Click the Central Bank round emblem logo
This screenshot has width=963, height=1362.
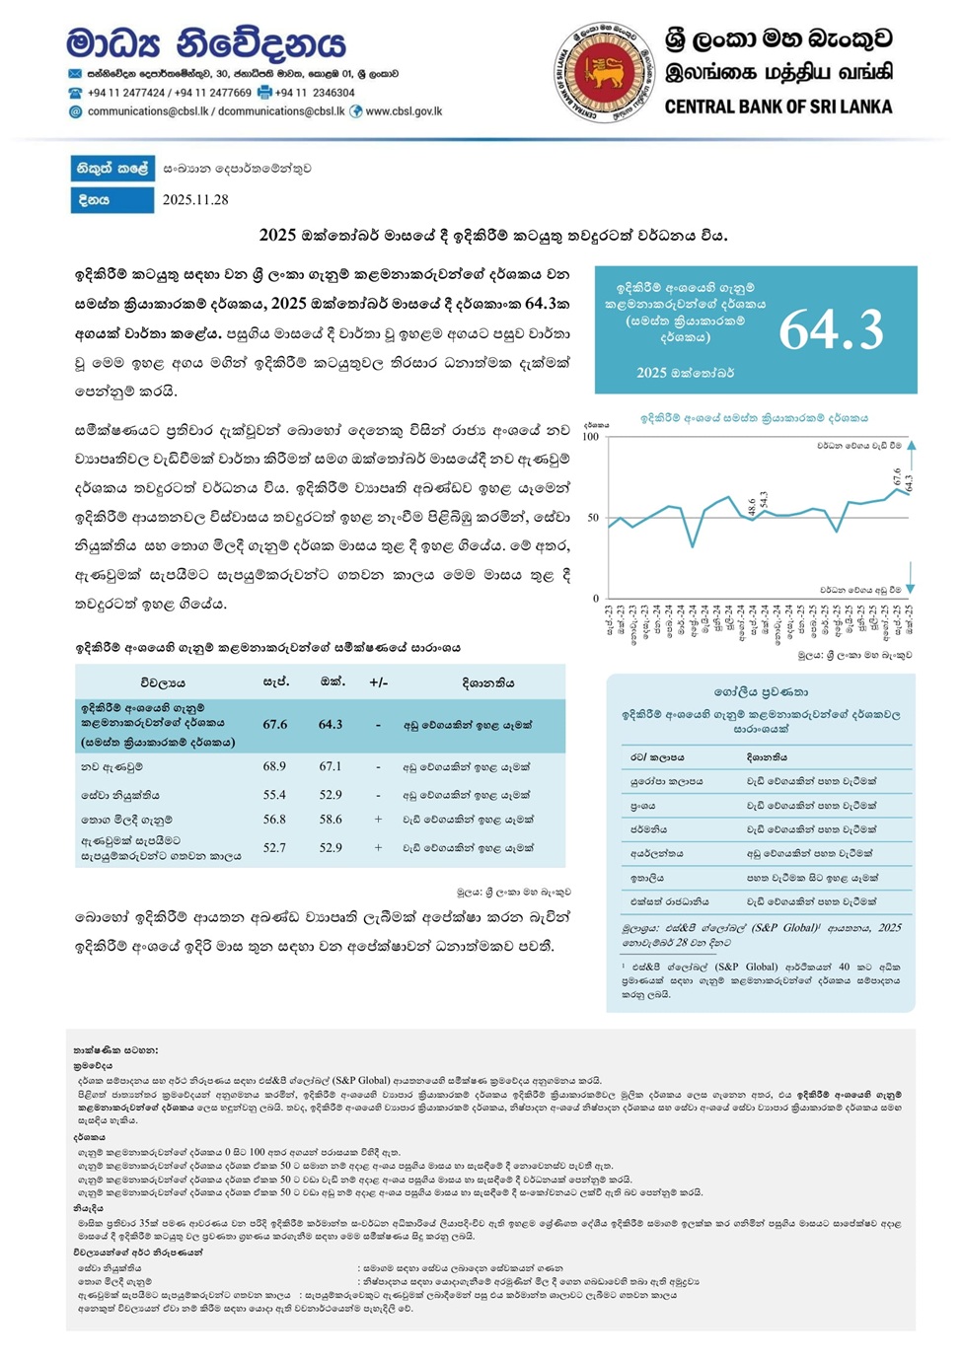pos(605,71)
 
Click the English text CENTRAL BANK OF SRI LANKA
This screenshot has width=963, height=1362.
pos(778,107)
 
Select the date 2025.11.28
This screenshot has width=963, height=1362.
pos(195,199)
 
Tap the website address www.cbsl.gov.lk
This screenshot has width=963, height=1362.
pos(404,111)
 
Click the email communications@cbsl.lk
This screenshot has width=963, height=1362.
pos(148,111)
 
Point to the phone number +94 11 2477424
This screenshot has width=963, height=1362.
pos(126,93)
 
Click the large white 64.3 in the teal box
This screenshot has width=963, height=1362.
pos(831,329)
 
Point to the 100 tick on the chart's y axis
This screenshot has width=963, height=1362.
pos(590,437)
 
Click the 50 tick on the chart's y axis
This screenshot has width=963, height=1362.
pos(593,518)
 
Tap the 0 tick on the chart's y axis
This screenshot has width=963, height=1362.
pos(596,599)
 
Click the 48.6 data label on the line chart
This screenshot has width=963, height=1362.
pos(752,506)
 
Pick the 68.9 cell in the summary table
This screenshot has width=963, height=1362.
pos(274,766)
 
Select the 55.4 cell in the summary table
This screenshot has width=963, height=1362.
pos(274,795)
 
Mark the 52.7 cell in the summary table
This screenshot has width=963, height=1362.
pos(274,847)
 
